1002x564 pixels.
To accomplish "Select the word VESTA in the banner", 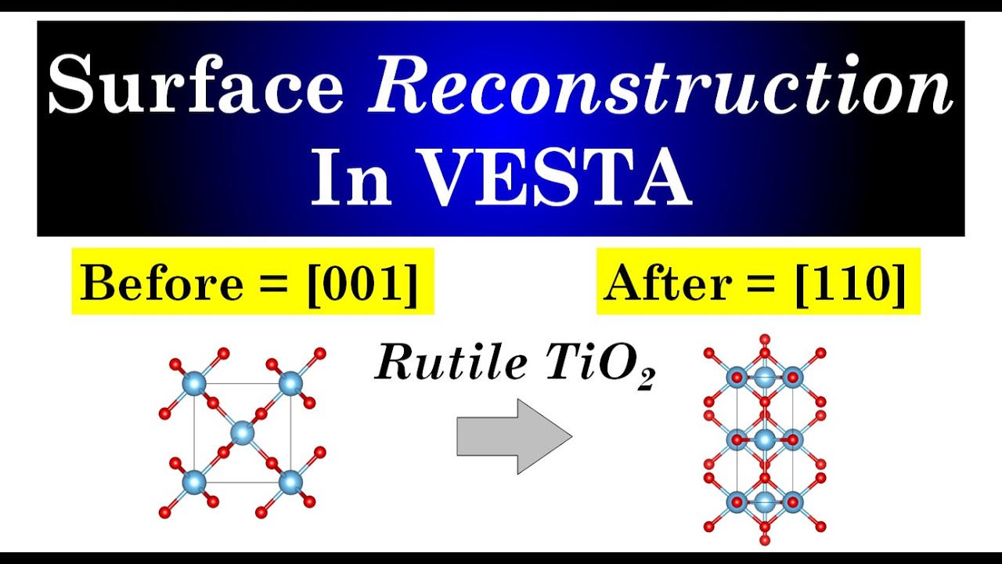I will click(556, 180).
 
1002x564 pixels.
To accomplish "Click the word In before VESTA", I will click(351, 180).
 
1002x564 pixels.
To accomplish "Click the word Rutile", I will click(451, 362).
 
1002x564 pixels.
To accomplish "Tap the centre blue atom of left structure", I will click(243, 432).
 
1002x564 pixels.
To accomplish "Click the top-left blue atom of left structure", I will click(193, 384).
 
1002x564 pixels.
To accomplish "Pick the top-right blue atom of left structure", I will click(290, 384).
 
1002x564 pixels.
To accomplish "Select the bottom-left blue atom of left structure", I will click(193, 482).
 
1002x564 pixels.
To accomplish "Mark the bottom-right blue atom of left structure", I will click(290, 482).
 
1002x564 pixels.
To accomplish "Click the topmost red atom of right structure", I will click(765, 339).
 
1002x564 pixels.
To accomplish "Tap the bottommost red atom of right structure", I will click(765, 540).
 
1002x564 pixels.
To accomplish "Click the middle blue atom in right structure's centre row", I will click(765, 439).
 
